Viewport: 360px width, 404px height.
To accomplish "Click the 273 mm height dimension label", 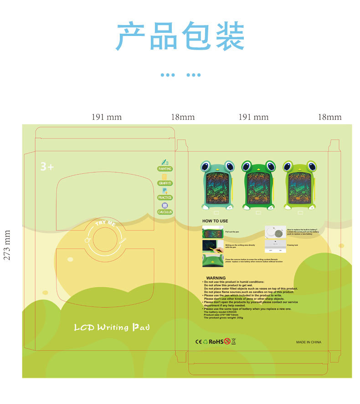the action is tap(7, 245).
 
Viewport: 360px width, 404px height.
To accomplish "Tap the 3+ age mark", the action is tap(47, 167).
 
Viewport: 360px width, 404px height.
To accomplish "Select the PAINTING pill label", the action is tap(165, 169).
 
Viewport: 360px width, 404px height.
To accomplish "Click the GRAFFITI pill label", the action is tap(165, 183).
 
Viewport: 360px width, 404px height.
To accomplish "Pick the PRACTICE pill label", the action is tap(165, 198).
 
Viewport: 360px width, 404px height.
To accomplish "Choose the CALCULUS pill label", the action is tap(165, 212).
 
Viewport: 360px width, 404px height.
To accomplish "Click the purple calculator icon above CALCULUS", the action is tap(165, 205).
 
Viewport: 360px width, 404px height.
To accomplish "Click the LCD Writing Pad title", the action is tap(112, 327).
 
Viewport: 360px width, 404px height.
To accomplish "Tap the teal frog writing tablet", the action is tap(217, 185).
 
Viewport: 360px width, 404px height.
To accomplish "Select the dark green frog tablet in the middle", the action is tap(258, 185).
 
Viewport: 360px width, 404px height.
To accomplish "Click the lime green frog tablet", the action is tap(299, 185).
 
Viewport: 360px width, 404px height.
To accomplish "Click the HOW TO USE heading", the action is tap(215, 221).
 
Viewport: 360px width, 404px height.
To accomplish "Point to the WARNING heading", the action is tap(216, 278).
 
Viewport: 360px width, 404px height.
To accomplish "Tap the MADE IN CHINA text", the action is tap(309, 342).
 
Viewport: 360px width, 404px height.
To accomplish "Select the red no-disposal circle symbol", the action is tap(227, 341).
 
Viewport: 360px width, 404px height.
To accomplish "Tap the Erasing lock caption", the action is tap(293, 245).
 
